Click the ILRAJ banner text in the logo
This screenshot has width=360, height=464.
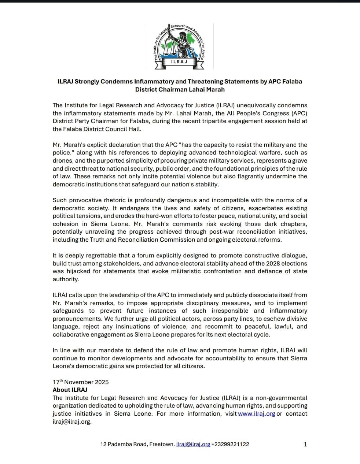coord(179,62)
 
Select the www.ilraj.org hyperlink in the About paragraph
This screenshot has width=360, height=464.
coord(256,413)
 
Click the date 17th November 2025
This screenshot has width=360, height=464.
coord(81,382)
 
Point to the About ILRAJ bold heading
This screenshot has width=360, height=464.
coord(70,390)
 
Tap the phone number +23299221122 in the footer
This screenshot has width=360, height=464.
coord(230,444)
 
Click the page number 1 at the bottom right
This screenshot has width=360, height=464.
coord(305,444)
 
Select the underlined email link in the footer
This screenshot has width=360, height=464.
coord(193,444)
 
